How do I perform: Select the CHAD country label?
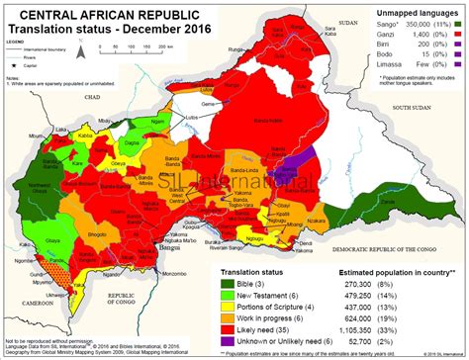point(94,100)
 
